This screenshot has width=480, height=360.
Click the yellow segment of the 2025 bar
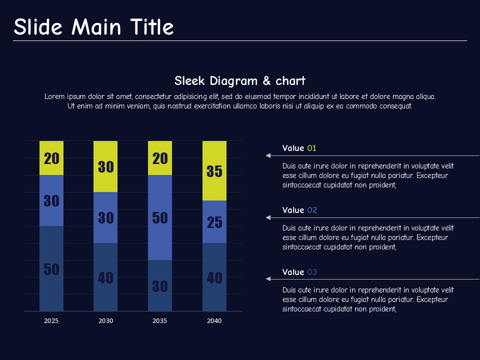tap(51, 158)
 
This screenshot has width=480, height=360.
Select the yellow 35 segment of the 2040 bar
tap(214, 170)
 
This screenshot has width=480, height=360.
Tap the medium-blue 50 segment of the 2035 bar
tap(160, 217)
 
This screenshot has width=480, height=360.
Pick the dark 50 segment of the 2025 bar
tap(51, 268)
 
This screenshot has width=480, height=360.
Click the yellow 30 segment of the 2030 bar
tap(105, 166)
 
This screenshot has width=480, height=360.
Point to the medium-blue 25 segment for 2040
tap(214, 221)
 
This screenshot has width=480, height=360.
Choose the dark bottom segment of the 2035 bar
tap(160, 285)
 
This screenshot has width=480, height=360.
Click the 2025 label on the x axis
tap(51, 321)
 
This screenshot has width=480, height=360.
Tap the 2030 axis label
tap(105, 321)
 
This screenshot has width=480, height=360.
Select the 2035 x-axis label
tap(160, 321)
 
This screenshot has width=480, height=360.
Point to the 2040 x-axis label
tap(214, 321)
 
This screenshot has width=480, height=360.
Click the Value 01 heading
tap(299, 148)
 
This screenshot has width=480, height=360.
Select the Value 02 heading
tap(299, 210)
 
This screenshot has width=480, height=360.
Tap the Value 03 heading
tap(299, 272)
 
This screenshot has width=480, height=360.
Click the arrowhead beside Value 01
tap(268, 156)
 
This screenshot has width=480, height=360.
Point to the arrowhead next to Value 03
tap(268, 278)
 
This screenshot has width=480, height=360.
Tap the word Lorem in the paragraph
tap(54, 96)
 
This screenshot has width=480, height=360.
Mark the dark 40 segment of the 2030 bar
tap(105, 277)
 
